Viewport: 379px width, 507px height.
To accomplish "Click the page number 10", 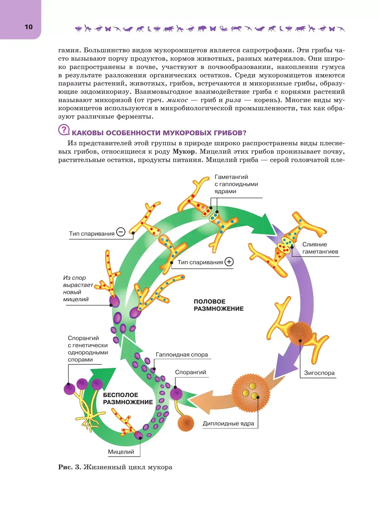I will click(28, 27).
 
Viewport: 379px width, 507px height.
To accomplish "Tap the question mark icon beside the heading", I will click(64, 130).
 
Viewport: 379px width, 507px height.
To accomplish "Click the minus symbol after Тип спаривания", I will click(121, 232).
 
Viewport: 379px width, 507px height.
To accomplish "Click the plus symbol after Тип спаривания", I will click(229, 262).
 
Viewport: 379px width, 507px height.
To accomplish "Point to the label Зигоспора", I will click(319, 373).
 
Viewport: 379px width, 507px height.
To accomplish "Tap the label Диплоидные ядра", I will click(228, 424).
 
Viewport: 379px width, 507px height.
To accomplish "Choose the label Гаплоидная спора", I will click(182, 355).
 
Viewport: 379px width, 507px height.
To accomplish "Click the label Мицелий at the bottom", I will click(121, 452).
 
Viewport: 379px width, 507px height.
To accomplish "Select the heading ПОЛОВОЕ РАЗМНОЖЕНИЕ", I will click(219, 305).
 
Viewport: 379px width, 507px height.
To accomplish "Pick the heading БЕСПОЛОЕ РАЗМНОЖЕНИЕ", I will click(128, 399).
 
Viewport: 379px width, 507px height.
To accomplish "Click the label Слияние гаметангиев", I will click(320, 248).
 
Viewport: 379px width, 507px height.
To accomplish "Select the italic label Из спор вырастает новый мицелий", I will click(78, 289).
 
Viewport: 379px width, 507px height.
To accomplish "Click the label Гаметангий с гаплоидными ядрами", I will click(236, 184).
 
